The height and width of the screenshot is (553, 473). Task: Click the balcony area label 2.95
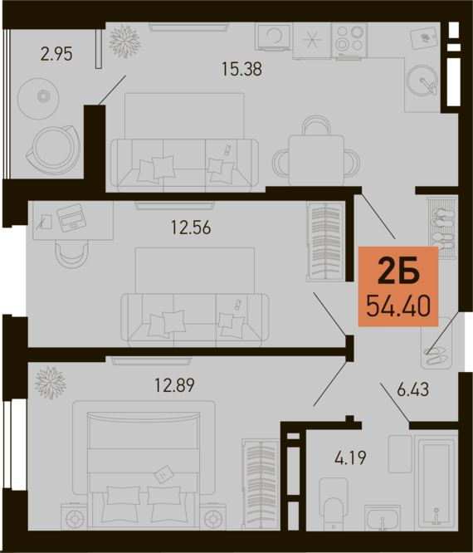[56, 54]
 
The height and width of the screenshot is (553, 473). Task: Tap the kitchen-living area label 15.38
[241, 69]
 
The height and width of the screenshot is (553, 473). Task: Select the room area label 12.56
[191, 228]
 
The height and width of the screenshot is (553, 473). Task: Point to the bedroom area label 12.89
[175, 385]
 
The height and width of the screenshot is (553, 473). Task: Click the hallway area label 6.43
[412, 389]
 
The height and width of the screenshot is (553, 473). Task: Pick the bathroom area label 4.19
[350, 458]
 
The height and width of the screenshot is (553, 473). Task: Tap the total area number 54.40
[398, 306]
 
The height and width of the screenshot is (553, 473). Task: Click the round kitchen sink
[422, 81]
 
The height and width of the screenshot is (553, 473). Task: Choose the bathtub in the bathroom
[436, 482]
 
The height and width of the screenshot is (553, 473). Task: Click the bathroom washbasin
[383, 517]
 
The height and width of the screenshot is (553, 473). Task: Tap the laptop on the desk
[71, 218]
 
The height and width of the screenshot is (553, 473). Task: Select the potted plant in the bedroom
[51, 383]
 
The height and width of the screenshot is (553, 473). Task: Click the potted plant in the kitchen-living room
[124, 42]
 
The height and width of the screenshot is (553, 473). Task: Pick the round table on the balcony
[38, 99]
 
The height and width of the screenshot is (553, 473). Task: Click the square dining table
[316, 160]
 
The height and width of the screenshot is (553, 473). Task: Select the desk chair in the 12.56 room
[71, 255]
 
